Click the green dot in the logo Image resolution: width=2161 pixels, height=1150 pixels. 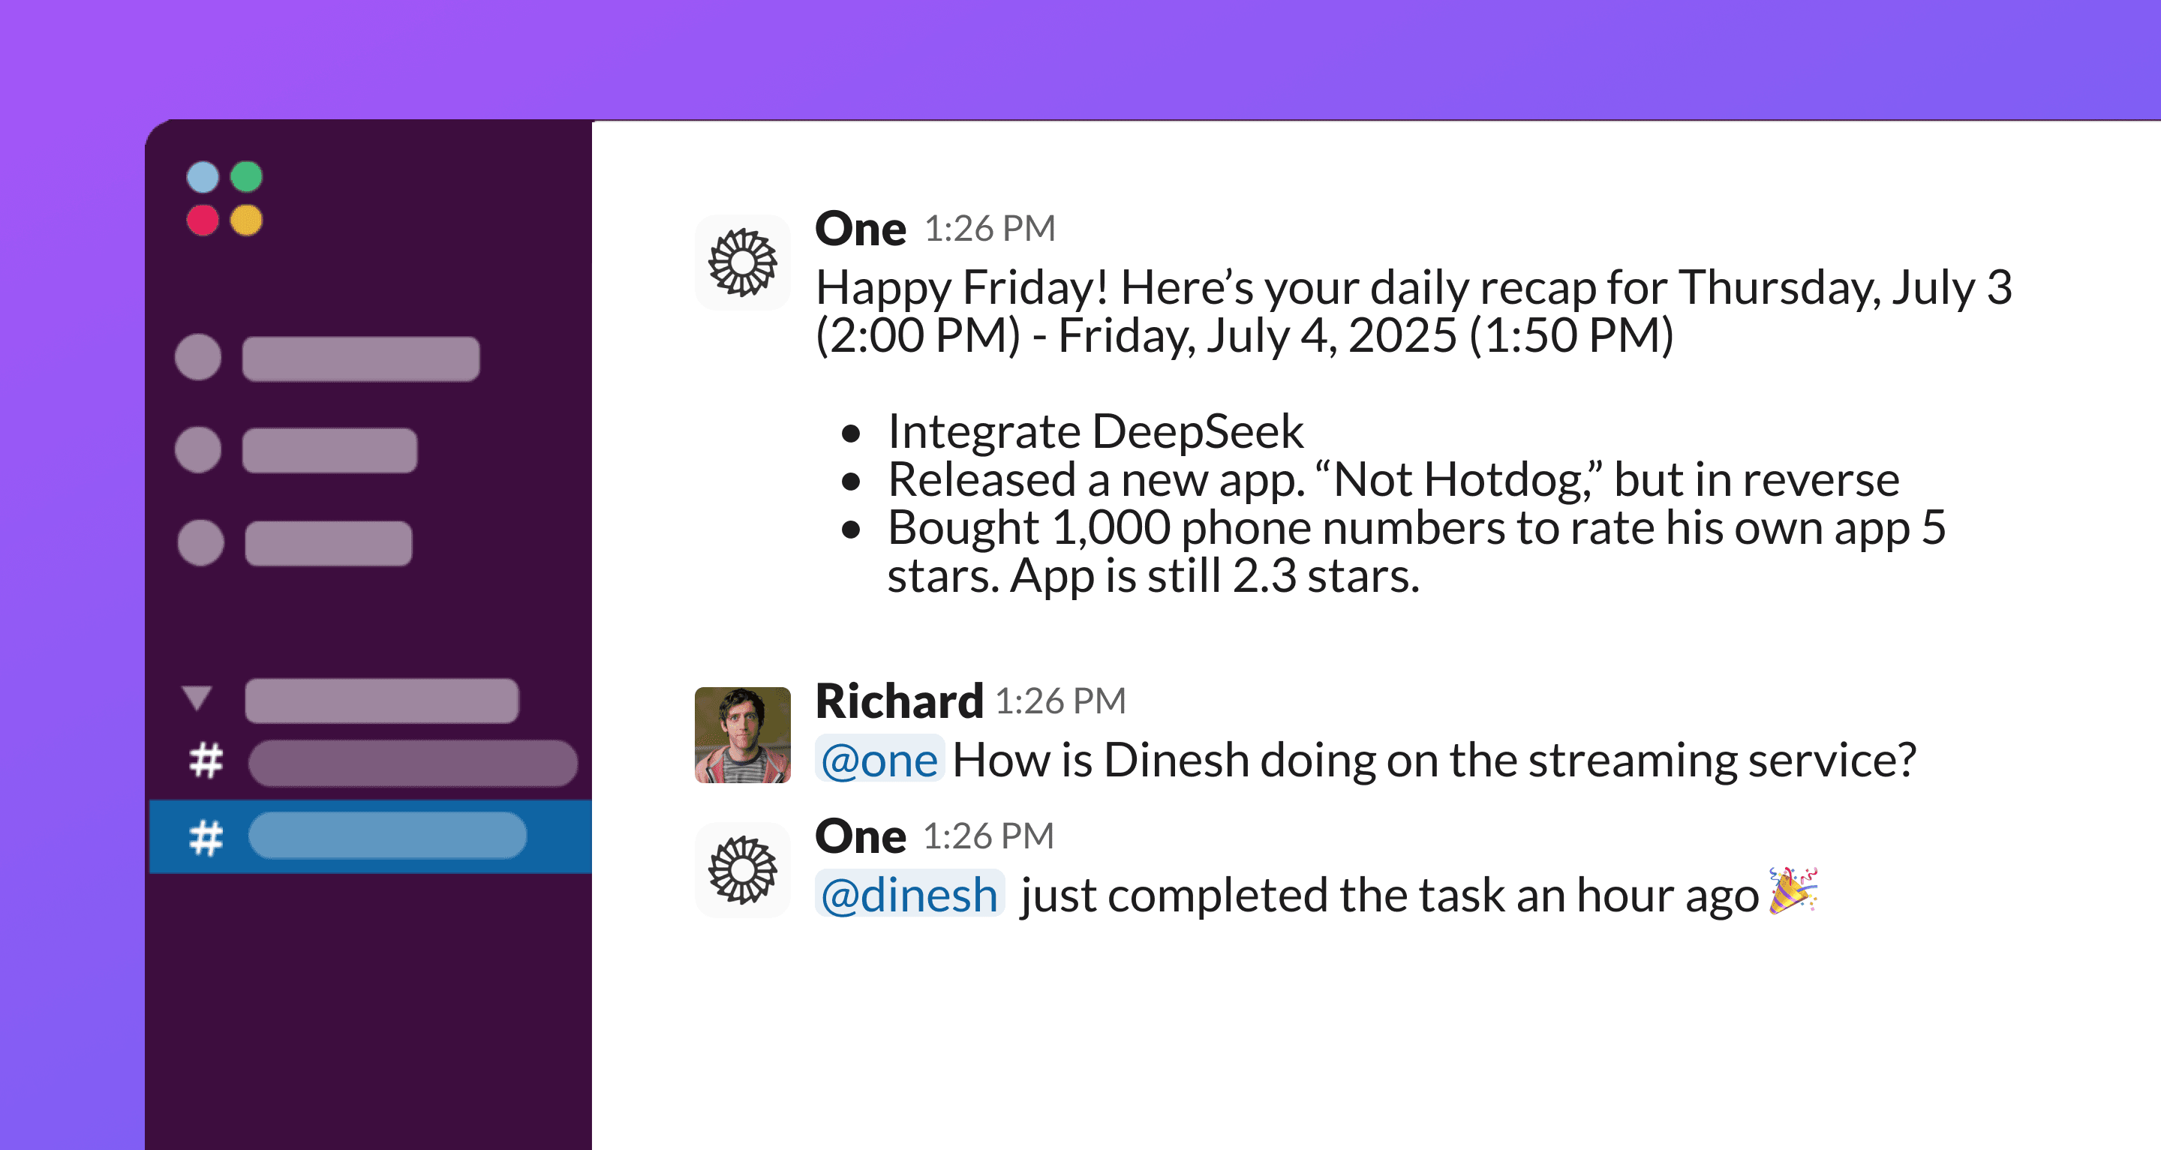pos(247,177)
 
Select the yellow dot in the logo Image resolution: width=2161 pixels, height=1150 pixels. pos(247,221)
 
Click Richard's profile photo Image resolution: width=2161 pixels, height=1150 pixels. pos(742,735)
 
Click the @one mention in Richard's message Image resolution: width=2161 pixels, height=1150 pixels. pos(879,760)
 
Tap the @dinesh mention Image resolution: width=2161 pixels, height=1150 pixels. pos(909,894)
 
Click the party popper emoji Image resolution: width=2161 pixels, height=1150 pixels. pos(1793,890)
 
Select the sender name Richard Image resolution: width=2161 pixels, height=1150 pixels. pos(900,701)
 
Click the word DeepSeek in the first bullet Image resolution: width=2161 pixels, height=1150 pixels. pos(1198,432)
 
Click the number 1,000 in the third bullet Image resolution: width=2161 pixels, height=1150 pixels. pos(1111,527)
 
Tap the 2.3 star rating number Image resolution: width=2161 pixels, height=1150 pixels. pos(1264,576)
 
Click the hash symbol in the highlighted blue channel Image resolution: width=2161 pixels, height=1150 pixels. pos(206,837)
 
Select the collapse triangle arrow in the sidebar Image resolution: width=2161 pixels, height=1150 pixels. pos(197,697)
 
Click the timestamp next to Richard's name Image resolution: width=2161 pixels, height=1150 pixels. pos(1060,701)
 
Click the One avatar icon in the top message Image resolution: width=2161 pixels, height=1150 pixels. pos(742,263)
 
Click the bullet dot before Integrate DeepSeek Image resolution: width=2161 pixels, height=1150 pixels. pos(852,434)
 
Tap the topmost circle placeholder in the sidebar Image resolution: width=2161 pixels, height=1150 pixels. pos(198,357)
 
